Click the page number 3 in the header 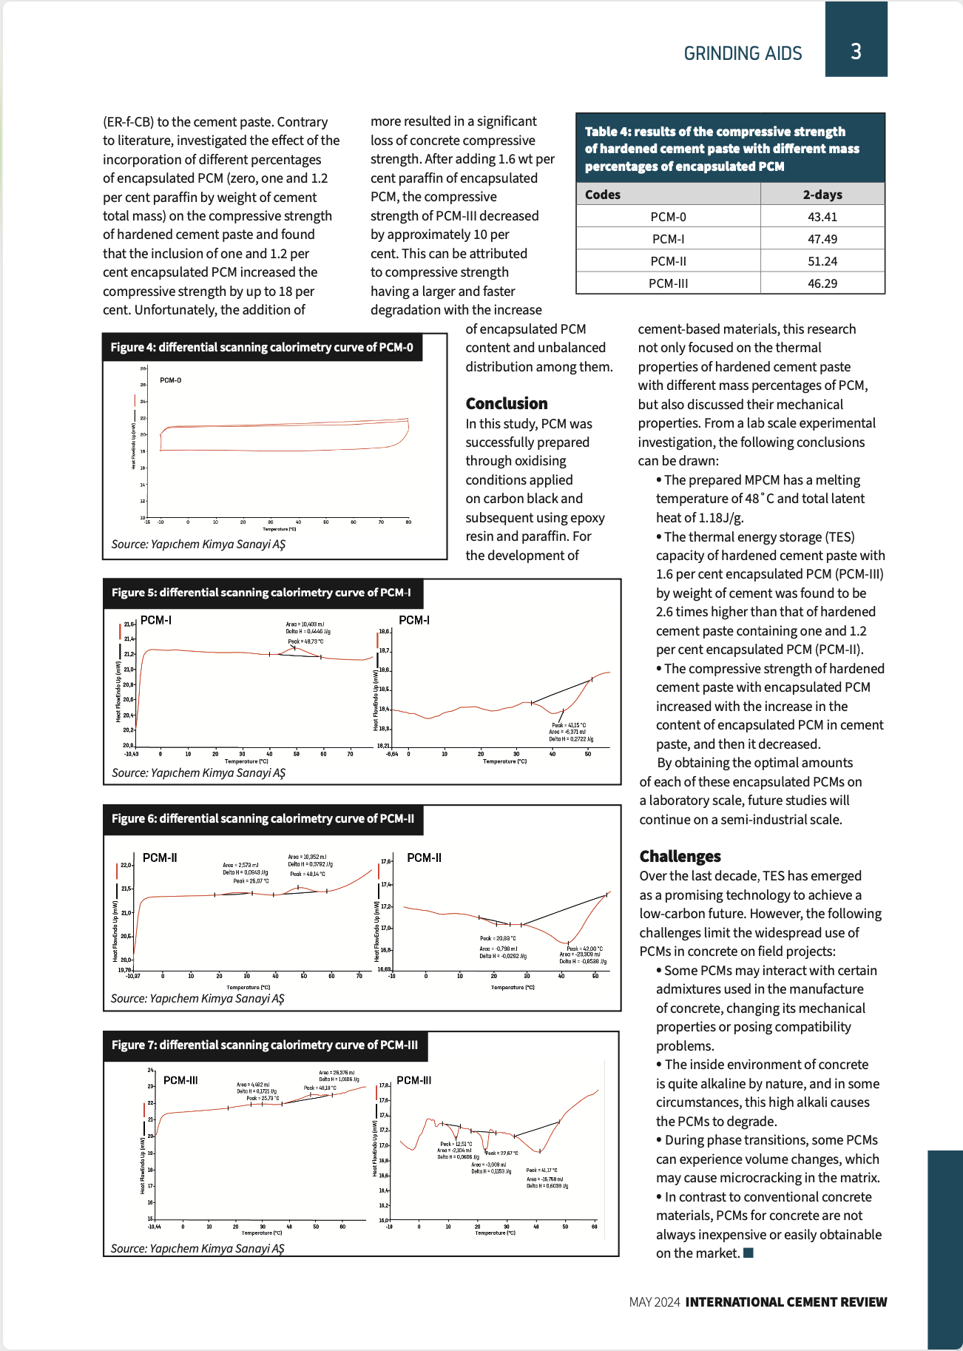click(856, 51)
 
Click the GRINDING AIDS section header click(743, 53)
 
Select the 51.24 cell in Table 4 click(822, 261)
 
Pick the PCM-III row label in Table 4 click(668, 283)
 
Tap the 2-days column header click(822, 195)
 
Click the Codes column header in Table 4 click(603, 195)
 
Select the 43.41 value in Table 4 click(822, 217)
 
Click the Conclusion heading click(507, 403)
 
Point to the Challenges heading click(680, 856)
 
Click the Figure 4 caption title click(262, 347)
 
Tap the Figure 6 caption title click(263, 818)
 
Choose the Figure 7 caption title click(265, 1045)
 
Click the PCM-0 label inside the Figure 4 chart click(170, 380)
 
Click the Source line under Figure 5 click(198, 772)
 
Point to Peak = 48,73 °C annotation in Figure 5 click(305, 641)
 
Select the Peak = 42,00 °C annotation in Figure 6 click(584, 949)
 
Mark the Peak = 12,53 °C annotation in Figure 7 click(456, 1144)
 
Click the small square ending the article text click(749, 1253)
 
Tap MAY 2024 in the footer click(654, 1302)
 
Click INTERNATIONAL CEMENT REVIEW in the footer click(785, 1302)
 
